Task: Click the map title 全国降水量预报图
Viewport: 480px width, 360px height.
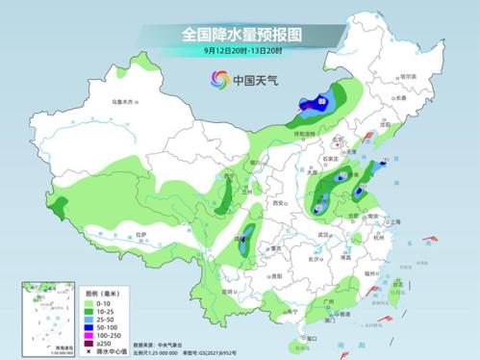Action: (240, 33)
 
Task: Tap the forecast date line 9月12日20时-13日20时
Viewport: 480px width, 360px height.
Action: (240, 50)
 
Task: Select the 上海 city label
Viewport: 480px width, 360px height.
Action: (394, 220)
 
